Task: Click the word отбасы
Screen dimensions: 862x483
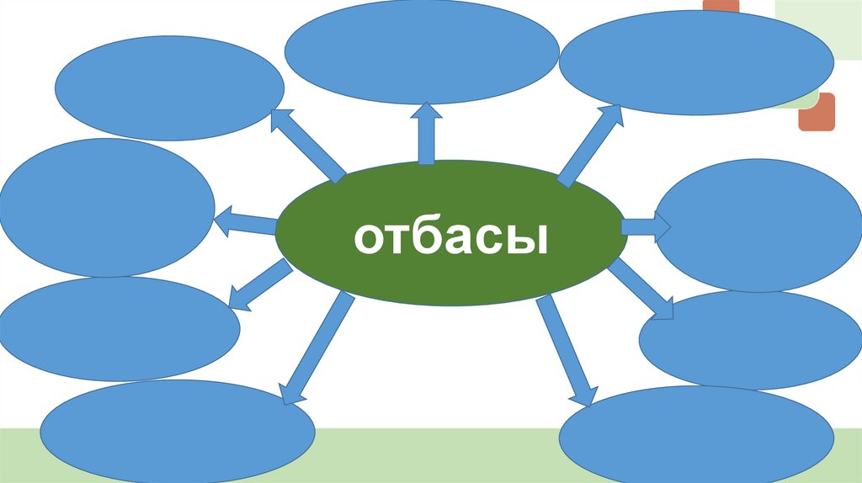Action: tap(451, 239)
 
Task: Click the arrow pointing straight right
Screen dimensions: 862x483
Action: tap(646, 226)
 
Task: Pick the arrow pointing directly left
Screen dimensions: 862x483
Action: tap(245, 224)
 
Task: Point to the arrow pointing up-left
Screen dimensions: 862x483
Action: tap(307, 144)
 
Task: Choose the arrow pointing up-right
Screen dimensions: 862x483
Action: tap(590, 143)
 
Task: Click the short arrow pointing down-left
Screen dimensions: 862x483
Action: tap(258, 285)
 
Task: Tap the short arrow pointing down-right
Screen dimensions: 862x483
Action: tap(643, 289)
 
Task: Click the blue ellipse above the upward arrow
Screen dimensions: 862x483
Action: tap(421, 50)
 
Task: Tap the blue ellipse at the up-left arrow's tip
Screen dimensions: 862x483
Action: tap(169, 88)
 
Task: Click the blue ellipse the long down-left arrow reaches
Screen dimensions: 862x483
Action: tap(177, 430)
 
